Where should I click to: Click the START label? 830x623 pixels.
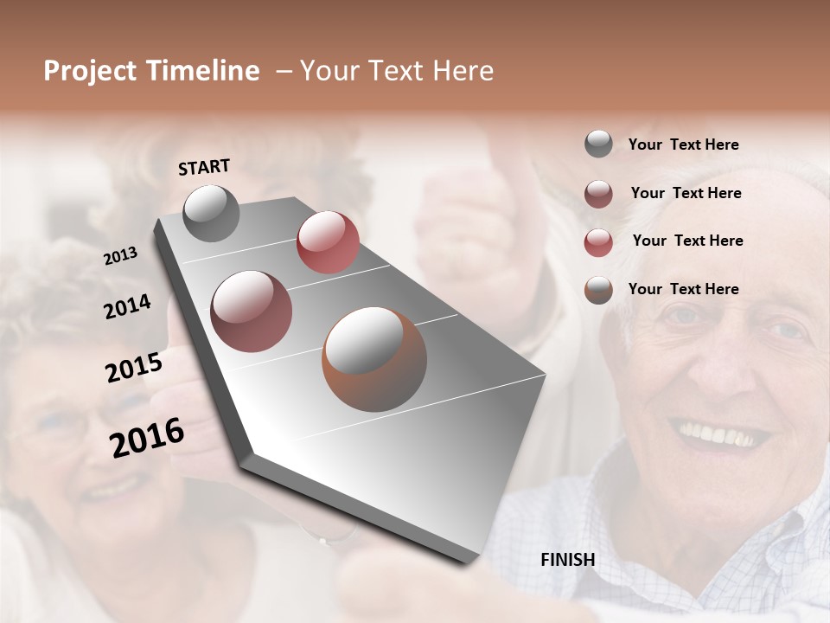coord(204,167)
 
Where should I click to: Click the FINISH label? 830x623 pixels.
coord(567,560)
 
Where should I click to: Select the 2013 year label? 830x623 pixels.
coord(120,256)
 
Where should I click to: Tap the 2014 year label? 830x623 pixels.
coord(127,307)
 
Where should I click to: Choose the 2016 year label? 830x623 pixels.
coord(147,438)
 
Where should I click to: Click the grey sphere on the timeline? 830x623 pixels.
coord(211,214)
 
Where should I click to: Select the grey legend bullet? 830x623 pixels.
coord(598,145)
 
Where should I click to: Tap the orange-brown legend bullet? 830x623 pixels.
coord(598,290)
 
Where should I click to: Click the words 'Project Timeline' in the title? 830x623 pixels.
coord(151,71)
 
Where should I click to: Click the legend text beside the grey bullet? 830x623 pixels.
coord(683,145)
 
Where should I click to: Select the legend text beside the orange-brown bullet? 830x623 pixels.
coord(683,289)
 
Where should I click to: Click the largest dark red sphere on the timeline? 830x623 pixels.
coord(251,311)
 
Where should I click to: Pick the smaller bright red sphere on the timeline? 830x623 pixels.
coord(328,242)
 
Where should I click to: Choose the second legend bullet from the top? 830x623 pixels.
coord(598,194)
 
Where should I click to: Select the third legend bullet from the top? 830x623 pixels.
coord(598,242)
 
